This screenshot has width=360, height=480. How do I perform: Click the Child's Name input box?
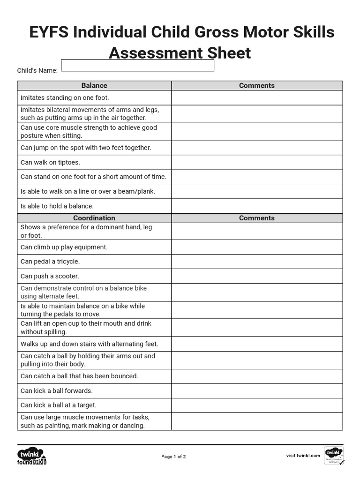coord(137,65)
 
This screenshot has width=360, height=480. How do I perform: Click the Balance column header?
coord(94,85)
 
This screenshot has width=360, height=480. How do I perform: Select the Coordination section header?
coord(94,218)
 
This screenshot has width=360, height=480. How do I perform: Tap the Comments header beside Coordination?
coord(257,218)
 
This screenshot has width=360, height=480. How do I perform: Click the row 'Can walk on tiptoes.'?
coord(50,162)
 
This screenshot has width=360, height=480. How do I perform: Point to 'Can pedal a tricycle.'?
coord(50,262)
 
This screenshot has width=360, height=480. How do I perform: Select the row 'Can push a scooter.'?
coord(50,276)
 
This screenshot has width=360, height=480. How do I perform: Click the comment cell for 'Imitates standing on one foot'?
coord(257,97)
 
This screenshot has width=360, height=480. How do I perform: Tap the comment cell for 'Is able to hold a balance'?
coord(257,206)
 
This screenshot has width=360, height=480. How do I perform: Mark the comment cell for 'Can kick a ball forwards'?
coord(257,390)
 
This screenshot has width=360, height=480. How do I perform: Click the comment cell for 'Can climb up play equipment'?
coord(257,247)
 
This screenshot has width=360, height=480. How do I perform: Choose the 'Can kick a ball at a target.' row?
coord(59,405)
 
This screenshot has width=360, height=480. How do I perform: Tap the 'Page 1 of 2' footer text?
coord(173,457)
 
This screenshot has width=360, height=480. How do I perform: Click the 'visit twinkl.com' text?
coord(303,455)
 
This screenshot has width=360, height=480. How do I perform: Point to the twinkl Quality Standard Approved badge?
coord(334,456)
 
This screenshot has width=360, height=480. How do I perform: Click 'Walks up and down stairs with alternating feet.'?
coord(89,344)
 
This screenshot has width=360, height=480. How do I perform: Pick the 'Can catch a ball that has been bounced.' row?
coord(79,376)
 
